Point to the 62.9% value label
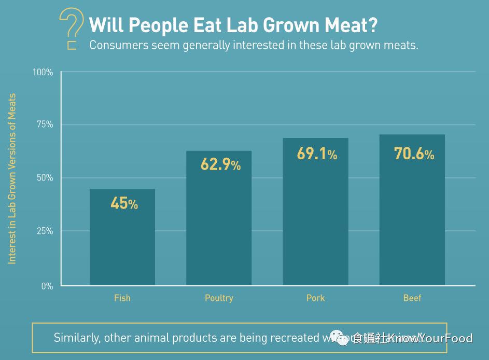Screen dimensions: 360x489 (220, 165)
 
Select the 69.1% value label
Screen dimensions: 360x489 (316, 154)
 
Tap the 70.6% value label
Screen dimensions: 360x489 (413, 154)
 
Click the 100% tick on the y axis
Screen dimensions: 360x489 (43, 72)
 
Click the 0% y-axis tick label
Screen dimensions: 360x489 (47, 286)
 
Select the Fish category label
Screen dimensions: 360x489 (122, 298)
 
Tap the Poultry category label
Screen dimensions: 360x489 (219, 298)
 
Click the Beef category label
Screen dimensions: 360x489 (412, 298)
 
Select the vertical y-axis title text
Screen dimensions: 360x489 (12, 179)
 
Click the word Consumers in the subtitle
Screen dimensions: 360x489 (119, 45)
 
